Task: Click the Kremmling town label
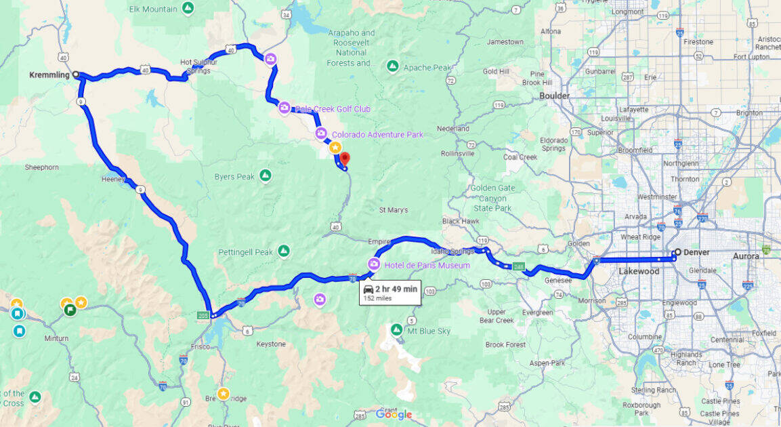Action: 50,75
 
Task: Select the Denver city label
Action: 696,252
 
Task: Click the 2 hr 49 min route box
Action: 389,291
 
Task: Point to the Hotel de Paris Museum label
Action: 427,265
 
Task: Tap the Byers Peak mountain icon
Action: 266,176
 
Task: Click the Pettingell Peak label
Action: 245,252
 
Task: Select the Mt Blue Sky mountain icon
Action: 397,330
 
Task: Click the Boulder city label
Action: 554,96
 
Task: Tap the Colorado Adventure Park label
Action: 377,135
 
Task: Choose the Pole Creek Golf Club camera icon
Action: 284,108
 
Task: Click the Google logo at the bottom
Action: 394,414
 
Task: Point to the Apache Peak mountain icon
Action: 392,66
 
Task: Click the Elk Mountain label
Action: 154,9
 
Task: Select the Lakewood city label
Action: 639,271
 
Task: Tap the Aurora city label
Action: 746,256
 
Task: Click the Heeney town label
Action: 113,179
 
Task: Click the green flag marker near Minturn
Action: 69,310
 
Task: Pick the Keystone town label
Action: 271,344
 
